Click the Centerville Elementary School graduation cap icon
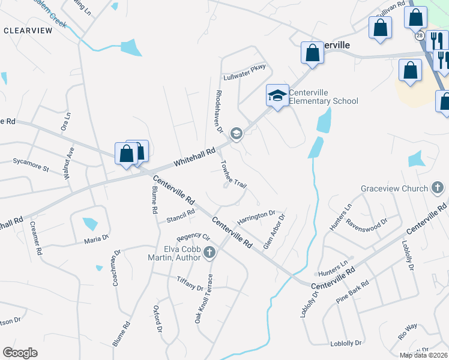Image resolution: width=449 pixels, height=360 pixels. (277, 95)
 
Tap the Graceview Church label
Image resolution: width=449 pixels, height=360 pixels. (394, 188)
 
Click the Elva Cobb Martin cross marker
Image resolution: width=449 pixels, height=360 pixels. (209, 252)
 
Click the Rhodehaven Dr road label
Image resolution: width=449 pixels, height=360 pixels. (219, 112)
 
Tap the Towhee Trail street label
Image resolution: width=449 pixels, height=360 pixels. (234, 173)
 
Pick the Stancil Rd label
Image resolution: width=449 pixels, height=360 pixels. (181, 214)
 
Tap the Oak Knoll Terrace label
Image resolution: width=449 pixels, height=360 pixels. (203, 298)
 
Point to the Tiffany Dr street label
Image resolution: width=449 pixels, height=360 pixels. (190, 283)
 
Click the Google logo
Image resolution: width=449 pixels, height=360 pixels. (20, 353)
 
